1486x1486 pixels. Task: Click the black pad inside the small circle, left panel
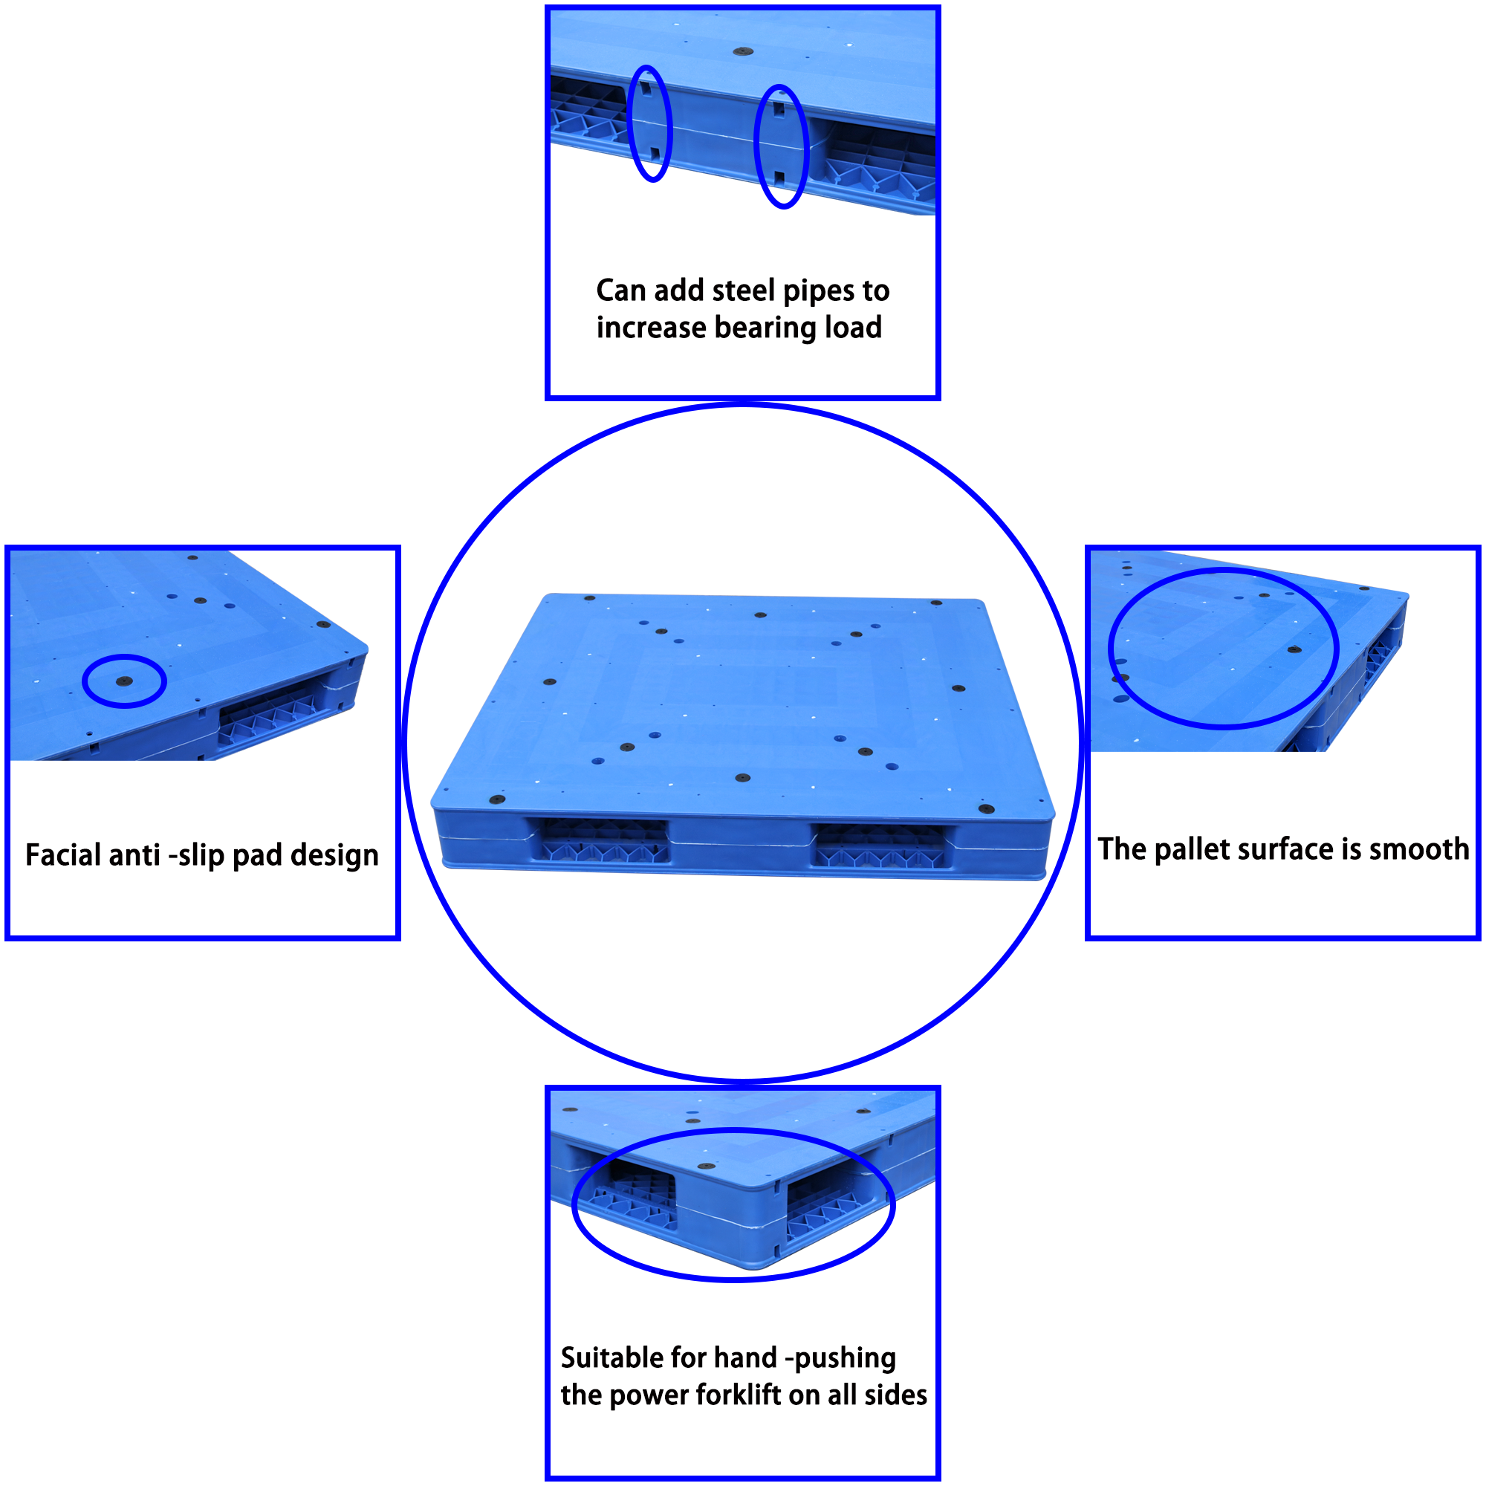[125, 681]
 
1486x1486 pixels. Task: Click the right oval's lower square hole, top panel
[780, 178]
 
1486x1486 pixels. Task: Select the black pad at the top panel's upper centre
[742, 52]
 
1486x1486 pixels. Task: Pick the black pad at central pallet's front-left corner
[498, 800]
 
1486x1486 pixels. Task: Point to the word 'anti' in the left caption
[135, 855]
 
